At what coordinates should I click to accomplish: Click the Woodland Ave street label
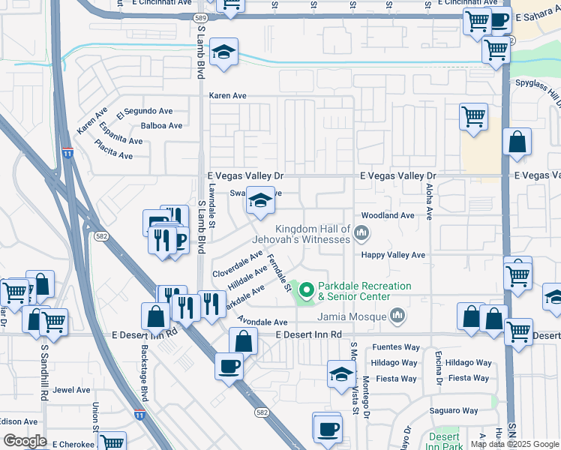tap(388, 215)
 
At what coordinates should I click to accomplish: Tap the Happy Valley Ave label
tap(394, 255)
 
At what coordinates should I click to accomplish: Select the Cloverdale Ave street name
tap(237, 265)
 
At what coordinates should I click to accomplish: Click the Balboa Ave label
tap(162, 126)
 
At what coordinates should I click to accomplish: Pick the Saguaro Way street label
tap(454, 410)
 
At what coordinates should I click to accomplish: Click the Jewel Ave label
tap(71, 390)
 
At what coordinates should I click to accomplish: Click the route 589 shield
tap(199, 17)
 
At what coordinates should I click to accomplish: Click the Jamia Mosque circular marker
tap(397, 316)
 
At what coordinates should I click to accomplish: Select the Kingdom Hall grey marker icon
tap(361, 233)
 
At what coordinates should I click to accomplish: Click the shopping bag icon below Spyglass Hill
tap(517, 142)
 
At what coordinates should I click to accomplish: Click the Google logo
tap(25, 441)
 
